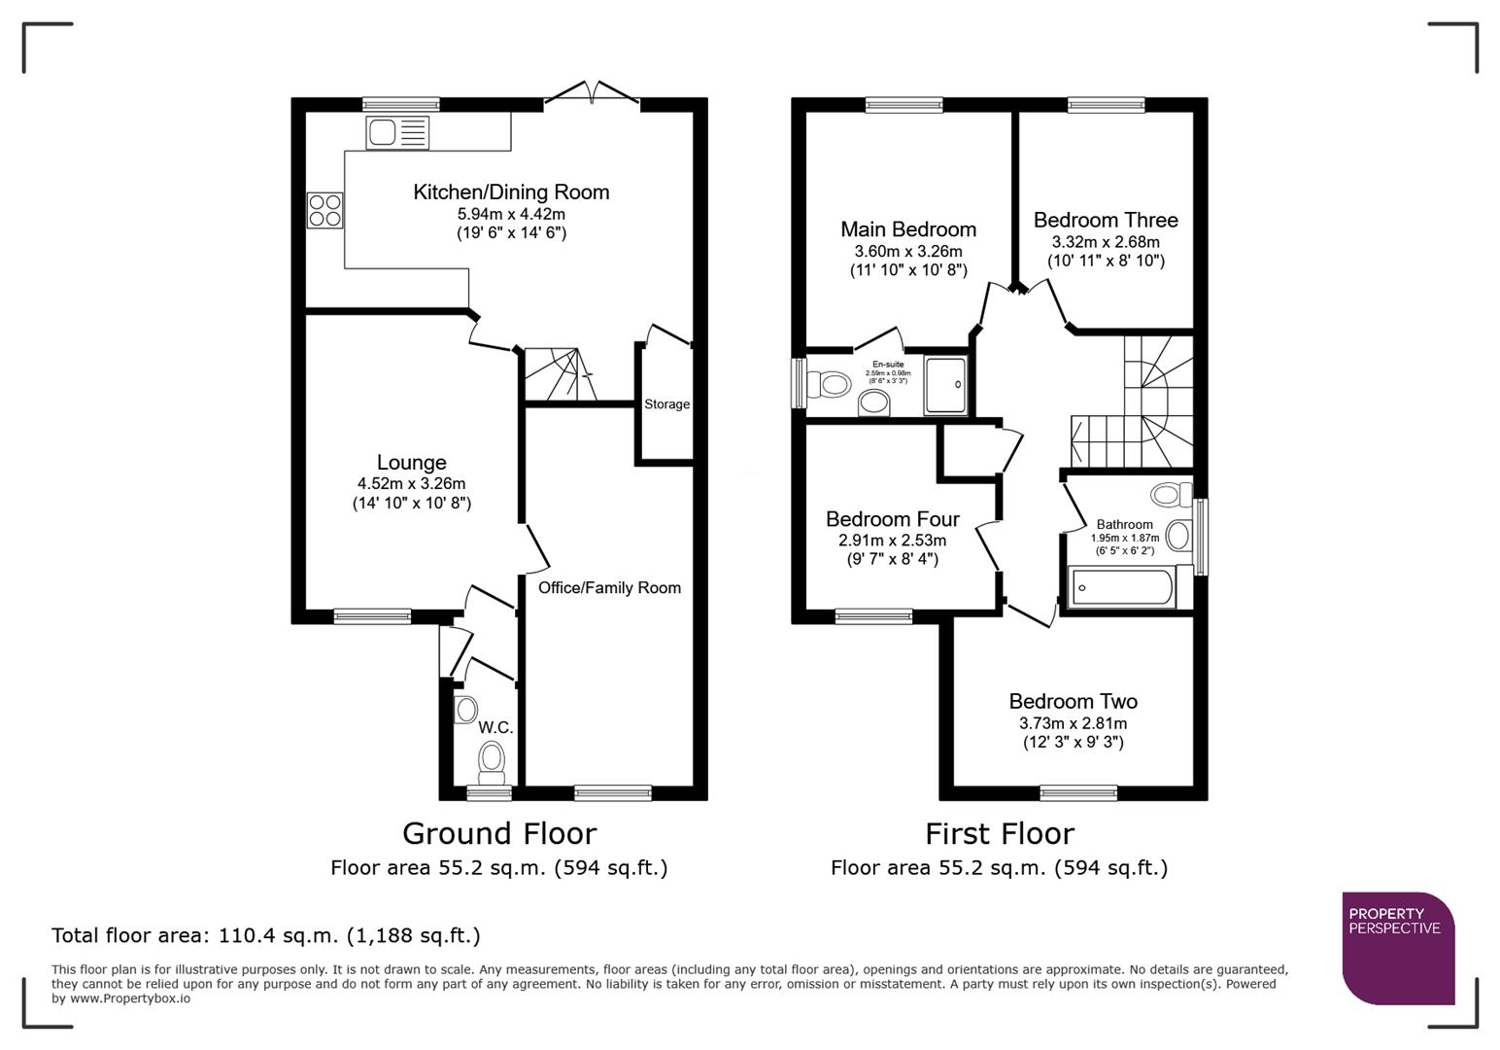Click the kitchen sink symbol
click(397, 132)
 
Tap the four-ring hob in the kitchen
click(325, 210)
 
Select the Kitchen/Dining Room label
click(511, 192)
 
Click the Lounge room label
click(411, 463)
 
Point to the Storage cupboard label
click(666, 404)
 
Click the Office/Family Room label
click(609, 587)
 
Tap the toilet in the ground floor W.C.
click(493, 759)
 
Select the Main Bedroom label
click(907, 229)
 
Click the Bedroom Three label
click(1105, 220)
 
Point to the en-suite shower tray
click(945, 385)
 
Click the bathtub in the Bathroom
click(1122, 588)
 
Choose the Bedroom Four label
click(892, 519)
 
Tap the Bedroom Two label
click(1073, 701)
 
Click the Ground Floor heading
click(498, 833)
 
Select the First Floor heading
click(999, 833)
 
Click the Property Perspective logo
click(1397, 947)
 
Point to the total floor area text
click(265, 935)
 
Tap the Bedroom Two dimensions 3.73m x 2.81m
click(1073, 723)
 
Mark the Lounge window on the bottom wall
click(371, 615)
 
